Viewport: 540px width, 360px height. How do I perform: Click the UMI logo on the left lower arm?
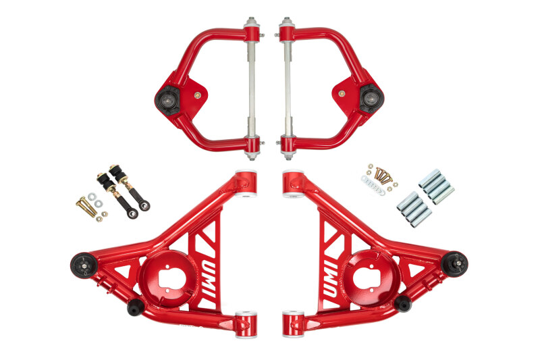(207, 274)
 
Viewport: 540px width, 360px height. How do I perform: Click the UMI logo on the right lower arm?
(332, 274)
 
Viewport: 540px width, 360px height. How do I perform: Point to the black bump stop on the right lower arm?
(403, 303)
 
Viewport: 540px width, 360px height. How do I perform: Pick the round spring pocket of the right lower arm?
(376, 276)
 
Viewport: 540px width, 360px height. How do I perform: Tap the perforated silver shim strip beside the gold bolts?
(372, 187)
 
